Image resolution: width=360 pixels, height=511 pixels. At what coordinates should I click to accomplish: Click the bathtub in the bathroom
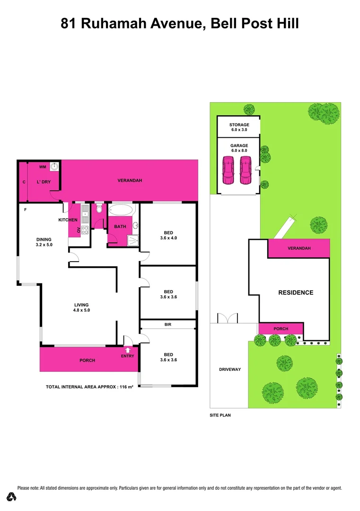point(122,210)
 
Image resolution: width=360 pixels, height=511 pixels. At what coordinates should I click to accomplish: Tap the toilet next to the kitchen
point(99,209)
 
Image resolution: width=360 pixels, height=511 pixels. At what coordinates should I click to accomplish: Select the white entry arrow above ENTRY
point(127,350)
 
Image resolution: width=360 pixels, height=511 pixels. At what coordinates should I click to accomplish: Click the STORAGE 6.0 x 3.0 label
point(238,127)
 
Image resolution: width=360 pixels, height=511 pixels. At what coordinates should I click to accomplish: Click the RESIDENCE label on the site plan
point(295,292)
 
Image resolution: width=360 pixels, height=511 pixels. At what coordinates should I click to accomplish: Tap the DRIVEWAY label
point(230,370)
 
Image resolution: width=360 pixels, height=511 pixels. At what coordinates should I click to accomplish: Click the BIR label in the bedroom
point(168,325)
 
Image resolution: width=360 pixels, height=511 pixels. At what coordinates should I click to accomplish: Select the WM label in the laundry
point(43,167)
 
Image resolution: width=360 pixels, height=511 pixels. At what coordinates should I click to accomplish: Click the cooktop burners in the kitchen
point(85,230)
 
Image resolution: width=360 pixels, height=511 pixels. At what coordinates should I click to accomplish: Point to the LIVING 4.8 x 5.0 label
point(81,308)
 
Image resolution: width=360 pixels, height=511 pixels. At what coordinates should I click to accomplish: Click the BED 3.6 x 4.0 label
point(168,235)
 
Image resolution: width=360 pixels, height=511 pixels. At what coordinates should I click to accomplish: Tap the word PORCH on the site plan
point(281,329)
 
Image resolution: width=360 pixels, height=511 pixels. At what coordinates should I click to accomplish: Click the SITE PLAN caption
point(220,415)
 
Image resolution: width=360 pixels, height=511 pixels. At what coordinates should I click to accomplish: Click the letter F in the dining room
point(25,209)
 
